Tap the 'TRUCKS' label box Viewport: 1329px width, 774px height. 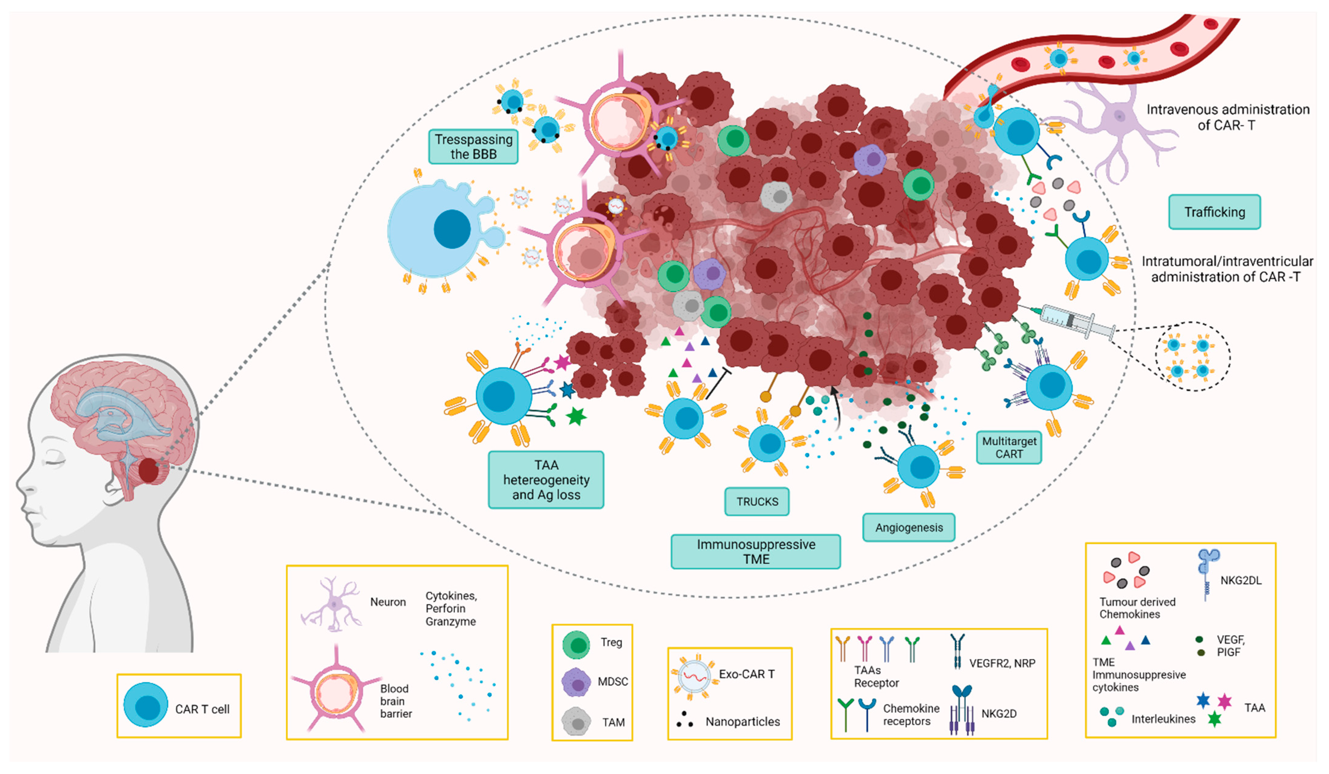[757, 501]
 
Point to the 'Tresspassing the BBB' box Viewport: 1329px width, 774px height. [473, 147]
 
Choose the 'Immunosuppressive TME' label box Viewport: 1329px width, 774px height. [755, 552]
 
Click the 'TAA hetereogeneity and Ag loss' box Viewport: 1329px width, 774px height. [546, 480]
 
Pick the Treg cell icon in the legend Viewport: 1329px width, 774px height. [576, 645]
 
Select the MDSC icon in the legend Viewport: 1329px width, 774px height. [576, 682]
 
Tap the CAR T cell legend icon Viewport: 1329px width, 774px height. [146, 705]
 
